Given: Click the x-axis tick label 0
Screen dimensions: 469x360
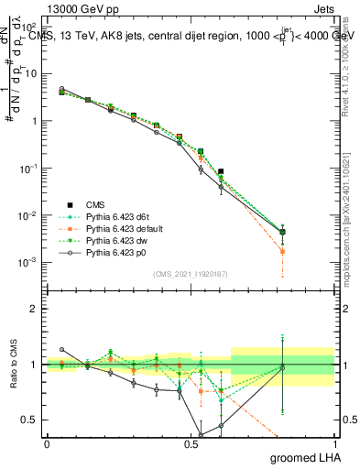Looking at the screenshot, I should (x=47, y=443).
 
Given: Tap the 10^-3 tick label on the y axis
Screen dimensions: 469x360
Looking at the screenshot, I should (x=28, y=263).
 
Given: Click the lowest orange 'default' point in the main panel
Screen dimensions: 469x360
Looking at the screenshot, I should (x=282, y=251).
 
